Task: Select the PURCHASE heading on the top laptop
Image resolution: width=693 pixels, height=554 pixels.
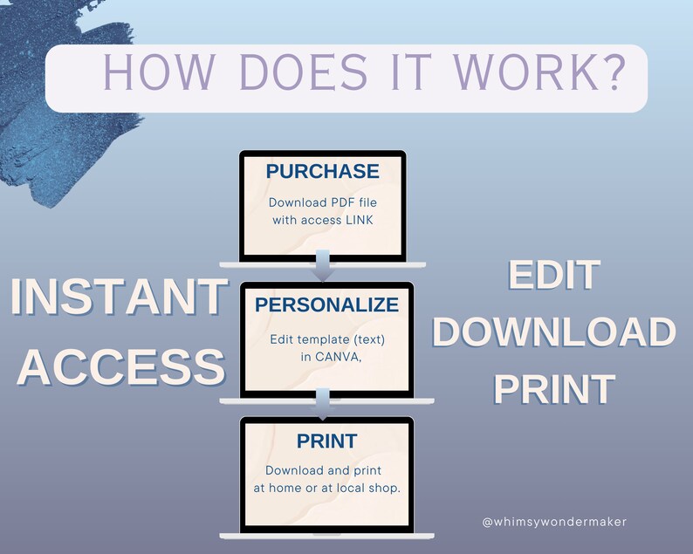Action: click(x=323, y=171)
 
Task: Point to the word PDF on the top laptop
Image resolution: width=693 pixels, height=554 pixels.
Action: click(x=342, y=202)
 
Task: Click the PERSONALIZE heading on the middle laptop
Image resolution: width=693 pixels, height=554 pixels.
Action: click(x=327, y=304)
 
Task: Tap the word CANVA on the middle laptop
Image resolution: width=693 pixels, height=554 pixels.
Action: click(x=338, y=357)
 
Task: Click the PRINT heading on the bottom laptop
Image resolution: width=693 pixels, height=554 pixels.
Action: click(x=327, y=441)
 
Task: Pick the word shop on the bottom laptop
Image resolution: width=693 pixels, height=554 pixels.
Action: click(x=384, y=489)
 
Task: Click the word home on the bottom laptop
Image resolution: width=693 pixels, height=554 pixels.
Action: click(x=285, y=489)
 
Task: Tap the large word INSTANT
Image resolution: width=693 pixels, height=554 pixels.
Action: click(x=120, y=297)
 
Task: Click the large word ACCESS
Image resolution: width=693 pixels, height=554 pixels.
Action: click(x=121, y=367)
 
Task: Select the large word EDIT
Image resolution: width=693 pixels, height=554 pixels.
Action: click(x=554, y=275)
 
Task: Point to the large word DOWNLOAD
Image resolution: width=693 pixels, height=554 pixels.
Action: click(x=554, y=332)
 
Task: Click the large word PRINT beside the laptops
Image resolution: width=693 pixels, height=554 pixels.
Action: click(x=554, y=389)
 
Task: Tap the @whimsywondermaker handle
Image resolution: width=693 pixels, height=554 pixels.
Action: click(x=554, y=522)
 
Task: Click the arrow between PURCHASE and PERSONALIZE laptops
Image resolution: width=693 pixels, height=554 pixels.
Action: click(x=323, y=265)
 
